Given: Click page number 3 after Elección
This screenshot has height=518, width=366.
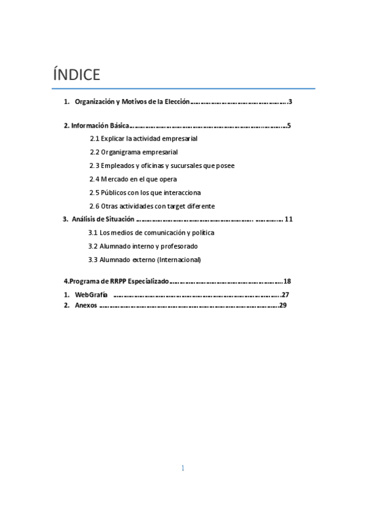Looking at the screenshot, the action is coord(290,101).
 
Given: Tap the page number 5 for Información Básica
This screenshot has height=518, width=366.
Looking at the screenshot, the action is coord(288,126).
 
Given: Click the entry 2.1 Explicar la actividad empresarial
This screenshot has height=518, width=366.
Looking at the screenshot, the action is coord(144,139).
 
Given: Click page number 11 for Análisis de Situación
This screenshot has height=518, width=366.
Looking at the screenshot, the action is coord(289,219).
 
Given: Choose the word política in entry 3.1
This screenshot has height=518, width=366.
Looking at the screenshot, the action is coord(202,233).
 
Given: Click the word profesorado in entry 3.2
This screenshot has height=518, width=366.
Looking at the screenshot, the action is coord(180,246).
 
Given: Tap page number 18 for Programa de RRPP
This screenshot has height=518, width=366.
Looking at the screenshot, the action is coord(287,282).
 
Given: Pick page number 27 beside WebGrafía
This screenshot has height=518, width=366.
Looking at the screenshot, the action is coord(285,295).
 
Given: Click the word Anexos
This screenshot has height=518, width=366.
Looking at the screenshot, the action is coord(86,305).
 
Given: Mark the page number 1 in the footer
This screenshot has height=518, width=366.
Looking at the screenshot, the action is coord(183,469).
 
